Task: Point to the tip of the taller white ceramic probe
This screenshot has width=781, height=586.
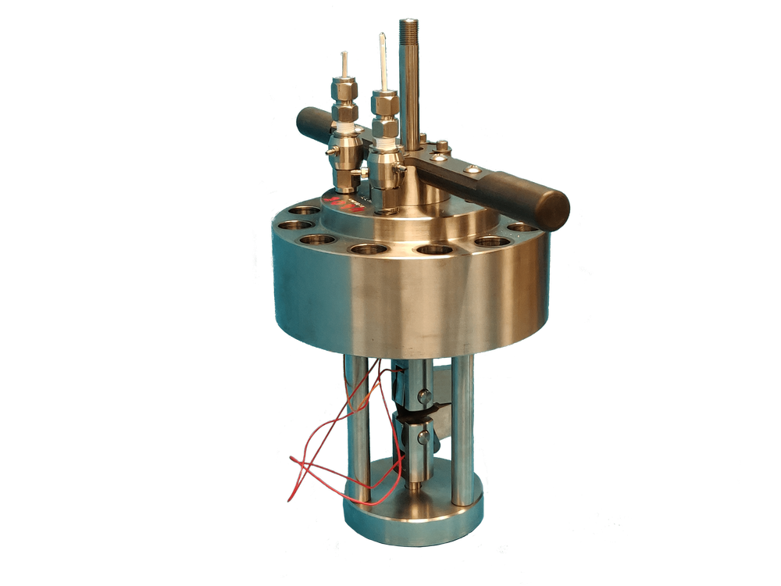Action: tap(382, 37)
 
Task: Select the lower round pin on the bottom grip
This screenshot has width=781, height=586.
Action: tap(423, 438)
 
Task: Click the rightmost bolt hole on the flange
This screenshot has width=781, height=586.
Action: tap(522, 227)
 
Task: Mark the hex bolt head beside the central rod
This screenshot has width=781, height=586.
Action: tap(441, 145)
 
